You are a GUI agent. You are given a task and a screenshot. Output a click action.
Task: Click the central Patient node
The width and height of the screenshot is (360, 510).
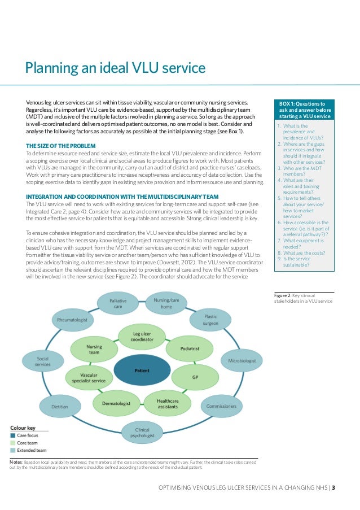[142, 370]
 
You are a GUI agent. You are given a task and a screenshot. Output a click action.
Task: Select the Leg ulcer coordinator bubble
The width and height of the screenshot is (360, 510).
[142, 337]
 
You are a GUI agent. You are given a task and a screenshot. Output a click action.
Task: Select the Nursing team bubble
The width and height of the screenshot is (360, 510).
[94, 349]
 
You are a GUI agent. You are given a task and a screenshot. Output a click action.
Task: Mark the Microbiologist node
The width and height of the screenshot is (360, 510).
[242, 360]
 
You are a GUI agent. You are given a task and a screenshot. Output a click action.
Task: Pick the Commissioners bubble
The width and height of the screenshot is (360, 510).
[221, 405]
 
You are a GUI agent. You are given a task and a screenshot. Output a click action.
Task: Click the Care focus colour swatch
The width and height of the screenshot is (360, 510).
[12, 435]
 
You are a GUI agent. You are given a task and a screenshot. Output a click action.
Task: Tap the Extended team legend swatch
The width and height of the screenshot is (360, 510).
[12, 450]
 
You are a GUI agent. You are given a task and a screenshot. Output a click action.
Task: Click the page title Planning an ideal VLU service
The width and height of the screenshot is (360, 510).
[115, 69]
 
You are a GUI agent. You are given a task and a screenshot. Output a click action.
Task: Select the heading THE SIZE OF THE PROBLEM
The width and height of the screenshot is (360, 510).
[61, 146]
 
